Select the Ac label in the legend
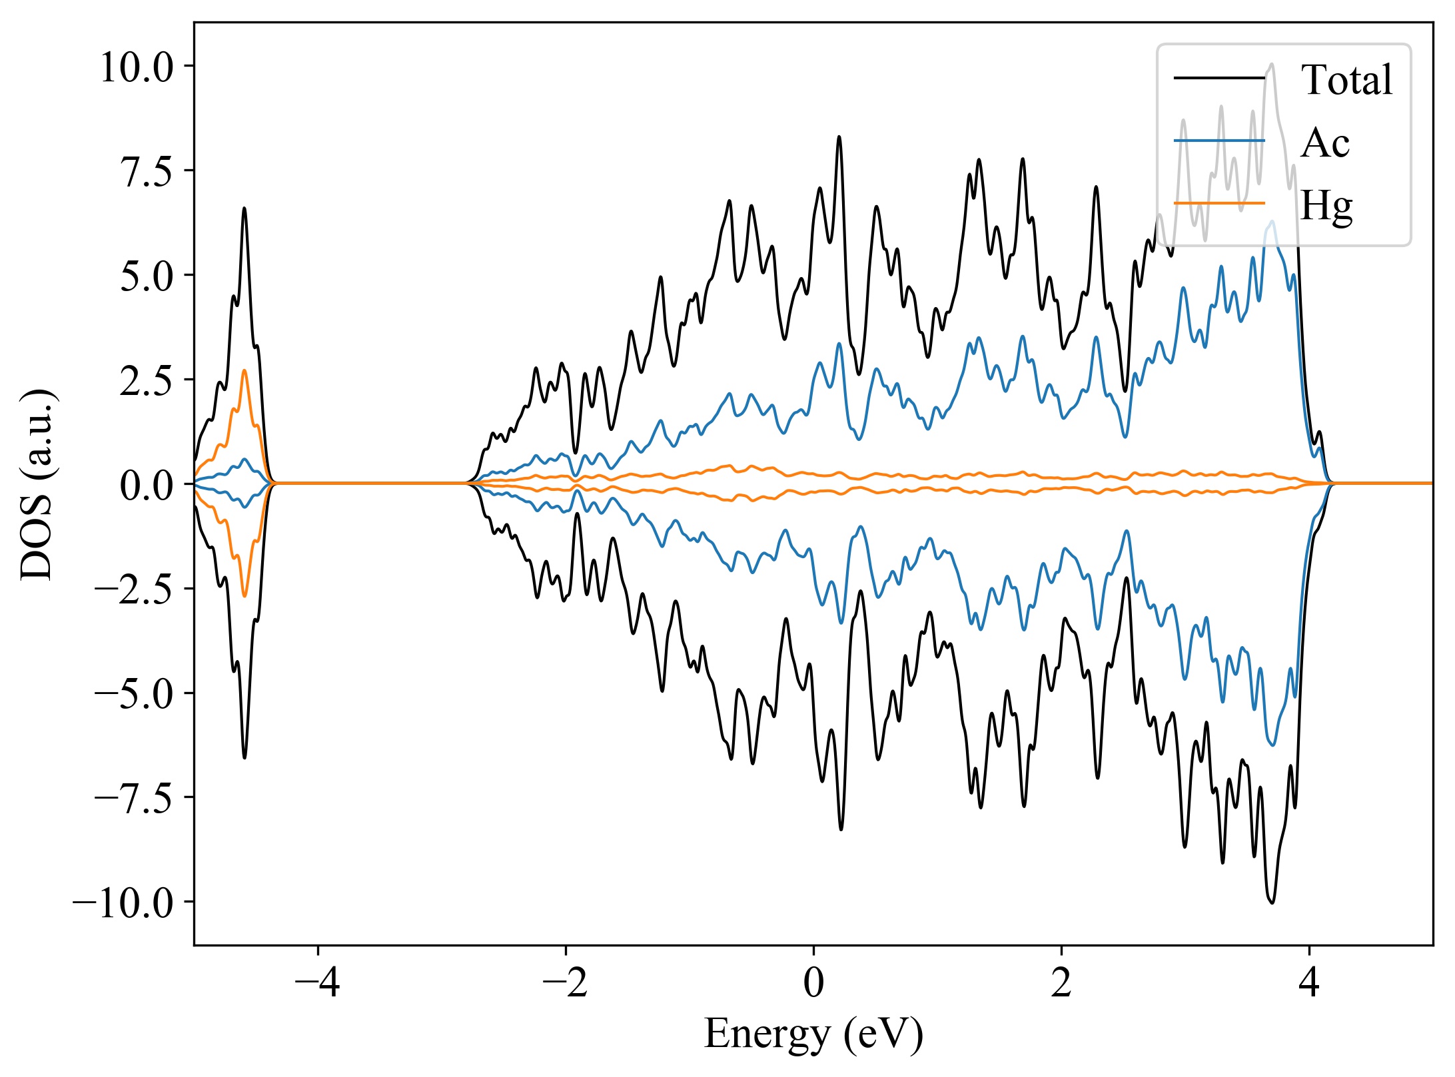[1324, 143]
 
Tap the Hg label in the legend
[1326, 205]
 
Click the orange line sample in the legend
[1218, 202]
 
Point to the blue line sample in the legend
[1218, 141]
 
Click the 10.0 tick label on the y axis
[137, 67]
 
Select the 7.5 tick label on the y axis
[147, 172]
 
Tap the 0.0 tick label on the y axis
[147, 485]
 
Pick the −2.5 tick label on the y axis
[134, 589]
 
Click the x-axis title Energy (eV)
[813, 1034]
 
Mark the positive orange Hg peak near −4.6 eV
[244, 371]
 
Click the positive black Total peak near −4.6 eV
[244, 208]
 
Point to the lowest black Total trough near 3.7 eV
[1272, 902]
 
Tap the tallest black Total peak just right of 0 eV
[839, 137]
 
